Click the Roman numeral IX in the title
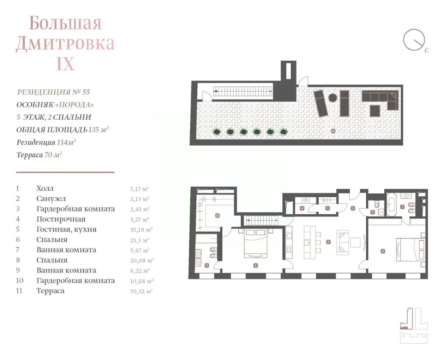point(65,63)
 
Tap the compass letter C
point(427,50)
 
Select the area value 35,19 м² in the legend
point(141,230)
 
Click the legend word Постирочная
point(61,219)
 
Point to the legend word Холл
point(45,188)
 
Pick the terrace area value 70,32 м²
point(141,291)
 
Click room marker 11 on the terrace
point(333,131)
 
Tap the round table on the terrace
point(332,97)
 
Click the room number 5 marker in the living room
point(328,242)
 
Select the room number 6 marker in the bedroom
point(383,251)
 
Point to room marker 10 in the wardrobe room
point(217,215)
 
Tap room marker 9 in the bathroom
point(207,266)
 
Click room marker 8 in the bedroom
point(256,266)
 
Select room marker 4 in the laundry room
point(302,208)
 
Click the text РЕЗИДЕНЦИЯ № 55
point(53,92)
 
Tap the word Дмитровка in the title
point(65,43)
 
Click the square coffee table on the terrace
point(375,111)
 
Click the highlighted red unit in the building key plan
point(404,328)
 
